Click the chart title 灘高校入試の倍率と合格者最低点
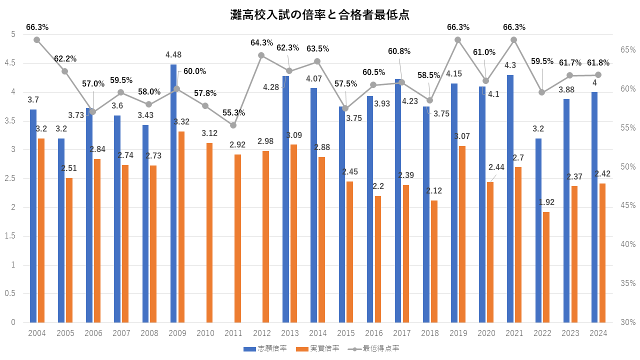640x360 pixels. [x=320, y=14]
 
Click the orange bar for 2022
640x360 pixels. [x=546, y=267]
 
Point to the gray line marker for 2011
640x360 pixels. [x=233, y=125]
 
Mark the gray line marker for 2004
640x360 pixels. [x=36, y=39]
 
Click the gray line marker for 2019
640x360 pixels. [x=457, y=39]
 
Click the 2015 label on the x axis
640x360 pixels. [x=346, y=333]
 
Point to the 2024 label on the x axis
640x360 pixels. [x=598, y=333]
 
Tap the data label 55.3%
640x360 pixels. [x=233, y=113]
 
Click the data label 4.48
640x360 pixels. [x=173, y=54]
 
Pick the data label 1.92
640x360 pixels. [x=546, y=202]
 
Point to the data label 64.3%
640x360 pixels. [x=262, y=43]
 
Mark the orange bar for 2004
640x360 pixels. [x=41, y=230]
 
